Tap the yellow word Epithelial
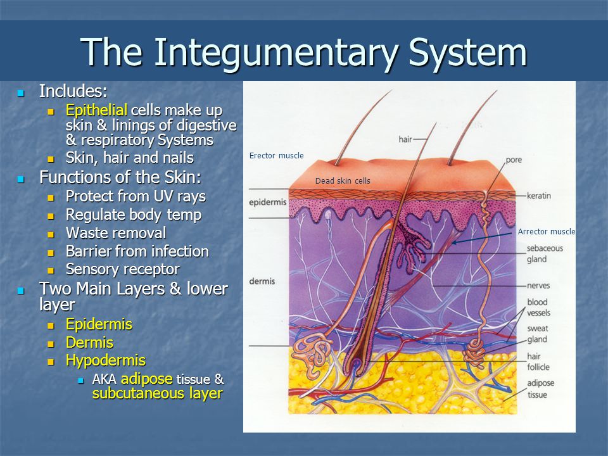click(x=96, y=110)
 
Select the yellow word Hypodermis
click(x=106, y=360)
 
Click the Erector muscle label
click(x=277, y=156)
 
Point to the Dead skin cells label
click(x=343, y=180)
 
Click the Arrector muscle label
click(x=547, y=232)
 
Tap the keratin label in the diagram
click(x=539, y=196)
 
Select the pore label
click(x=514, y=160)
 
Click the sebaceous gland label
click(x=545, y=253)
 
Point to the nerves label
click(x=538, y=286)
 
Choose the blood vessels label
click(x=538, y=307)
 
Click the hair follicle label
click(x=538, y=362)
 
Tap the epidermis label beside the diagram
click(x=267, y=203)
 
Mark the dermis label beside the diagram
click(x=262, y=281)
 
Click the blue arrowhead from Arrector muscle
click(x=455, y=243)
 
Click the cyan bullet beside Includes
click(x=21, y=93)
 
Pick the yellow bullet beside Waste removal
click(x=51, y=234)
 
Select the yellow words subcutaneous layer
click(x=158, y=393)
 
